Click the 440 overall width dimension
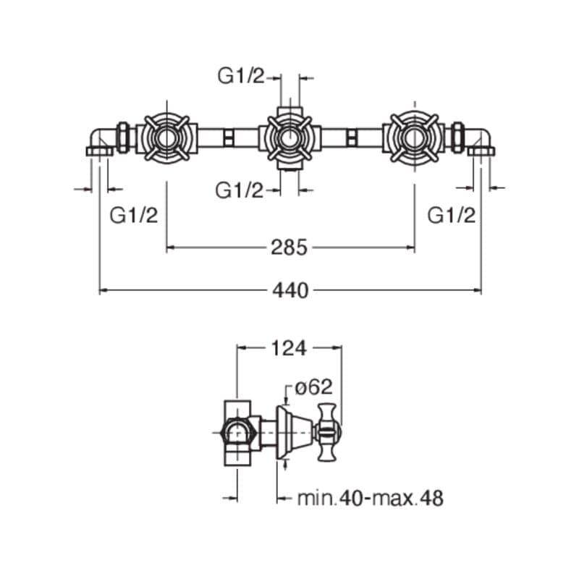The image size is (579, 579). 290,290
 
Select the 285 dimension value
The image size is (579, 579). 290,248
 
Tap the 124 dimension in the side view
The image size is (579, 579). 289,348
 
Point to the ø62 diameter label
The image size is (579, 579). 311,389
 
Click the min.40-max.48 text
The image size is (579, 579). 370,498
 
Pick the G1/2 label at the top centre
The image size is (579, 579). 241,76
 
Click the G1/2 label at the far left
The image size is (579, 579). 133,215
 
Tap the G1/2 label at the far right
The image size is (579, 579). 452,215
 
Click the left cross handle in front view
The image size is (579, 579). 166,136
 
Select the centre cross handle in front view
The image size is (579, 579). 289,136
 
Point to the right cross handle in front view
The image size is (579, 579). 413,136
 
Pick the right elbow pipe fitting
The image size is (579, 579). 480,140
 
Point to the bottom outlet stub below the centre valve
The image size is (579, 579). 289,169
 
